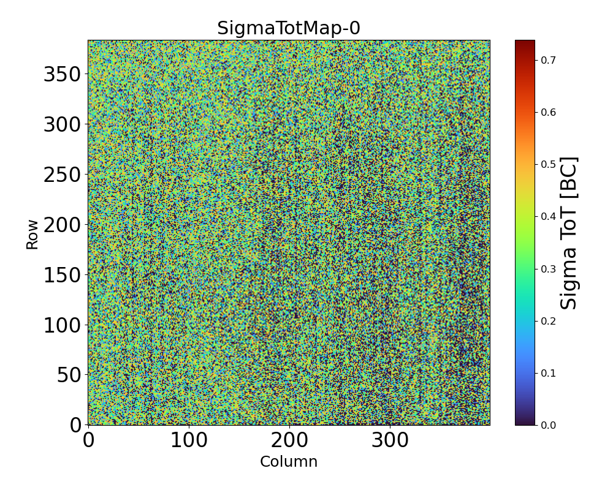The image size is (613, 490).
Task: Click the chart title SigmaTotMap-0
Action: (x=288, y=28)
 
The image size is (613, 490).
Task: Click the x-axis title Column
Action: (x=289, y=462)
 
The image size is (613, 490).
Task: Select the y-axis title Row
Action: (x=32, y=234)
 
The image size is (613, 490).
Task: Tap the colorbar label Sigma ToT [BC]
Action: (x=569, y=233)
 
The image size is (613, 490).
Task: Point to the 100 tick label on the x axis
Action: (x=189, y=440)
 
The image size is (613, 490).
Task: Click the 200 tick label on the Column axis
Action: (x=289, y=440)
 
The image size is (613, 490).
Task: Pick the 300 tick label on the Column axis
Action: (x=390, y=440)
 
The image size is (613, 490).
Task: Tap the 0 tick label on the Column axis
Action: (x=88, y=440)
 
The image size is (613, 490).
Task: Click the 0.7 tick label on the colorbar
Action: (x=548, y=60)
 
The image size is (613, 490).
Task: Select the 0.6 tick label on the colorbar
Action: (x=548, y=112)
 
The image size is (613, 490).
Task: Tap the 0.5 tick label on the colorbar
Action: (x=548, y=164)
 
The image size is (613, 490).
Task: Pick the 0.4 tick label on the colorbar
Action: (x=548, y=216)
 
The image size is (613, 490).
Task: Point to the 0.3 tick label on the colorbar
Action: (x=548, y=268)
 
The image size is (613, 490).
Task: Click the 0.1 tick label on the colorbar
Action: (x=548, y=372)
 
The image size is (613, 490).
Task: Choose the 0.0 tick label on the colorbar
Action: (x=548, y=424)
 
